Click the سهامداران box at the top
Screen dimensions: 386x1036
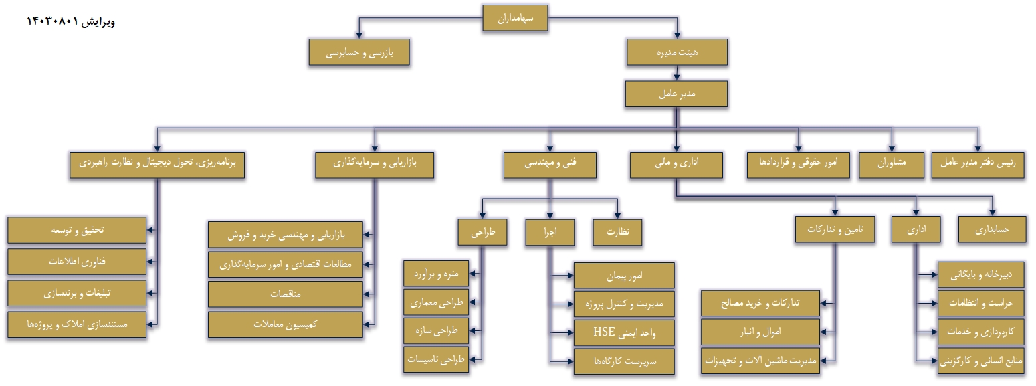516,19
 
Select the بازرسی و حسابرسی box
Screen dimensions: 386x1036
359,52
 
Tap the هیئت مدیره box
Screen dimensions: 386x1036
677,52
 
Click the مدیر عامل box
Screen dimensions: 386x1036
677,94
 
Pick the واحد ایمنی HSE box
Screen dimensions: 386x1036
624,332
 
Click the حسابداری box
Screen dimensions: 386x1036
991,229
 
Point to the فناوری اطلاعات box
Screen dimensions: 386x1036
78,262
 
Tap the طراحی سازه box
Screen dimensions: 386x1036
436,331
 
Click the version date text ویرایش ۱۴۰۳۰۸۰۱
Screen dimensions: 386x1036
71,21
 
